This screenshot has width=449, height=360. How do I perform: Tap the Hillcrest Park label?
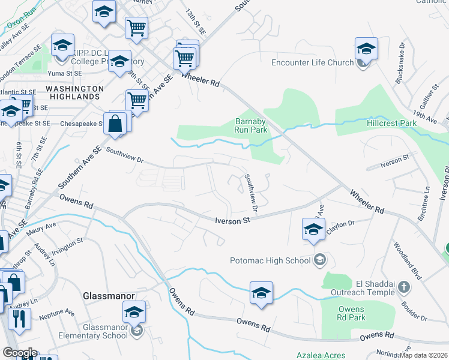pos(391,123)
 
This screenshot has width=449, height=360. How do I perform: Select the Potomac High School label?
pos(271,260)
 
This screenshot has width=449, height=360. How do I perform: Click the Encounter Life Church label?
pos(312,63)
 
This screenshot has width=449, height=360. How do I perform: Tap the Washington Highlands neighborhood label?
pos(74,92)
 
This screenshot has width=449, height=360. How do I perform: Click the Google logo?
pos(20,353)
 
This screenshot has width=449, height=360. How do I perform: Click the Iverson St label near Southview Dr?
pos(232,221)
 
